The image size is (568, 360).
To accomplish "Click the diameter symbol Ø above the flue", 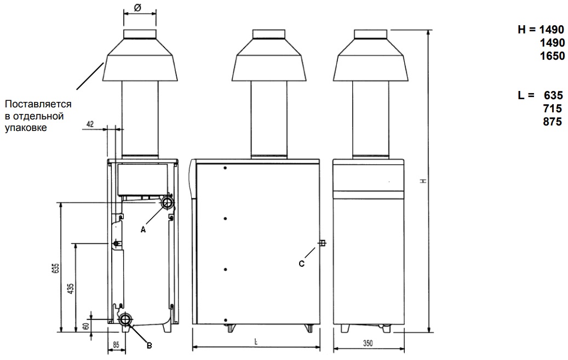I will (137, 8).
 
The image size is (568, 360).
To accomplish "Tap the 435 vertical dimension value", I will (70, 289).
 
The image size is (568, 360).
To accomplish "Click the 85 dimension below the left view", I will (116, 345).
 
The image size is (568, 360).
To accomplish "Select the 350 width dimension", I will (368, 343).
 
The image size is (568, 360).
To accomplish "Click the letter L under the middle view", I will (256, 342).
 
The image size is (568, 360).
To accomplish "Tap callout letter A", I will (144, 230).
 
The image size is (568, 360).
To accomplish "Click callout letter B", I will (149, 345).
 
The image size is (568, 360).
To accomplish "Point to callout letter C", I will (301, 263).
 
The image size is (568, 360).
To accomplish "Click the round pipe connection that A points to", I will (167, 203).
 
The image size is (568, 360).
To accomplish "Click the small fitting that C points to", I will (322, 243).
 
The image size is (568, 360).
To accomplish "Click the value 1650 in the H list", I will (552, 56).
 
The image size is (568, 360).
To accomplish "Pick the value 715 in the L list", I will (552, 108).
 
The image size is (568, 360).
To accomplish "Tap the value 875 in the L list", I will (552, 122).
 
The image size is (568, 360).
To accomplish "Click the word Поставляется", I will (38, 104).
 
